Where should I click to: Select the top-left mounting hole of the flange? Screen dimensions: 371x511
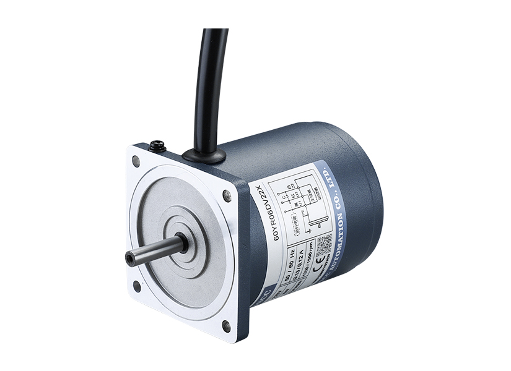136,161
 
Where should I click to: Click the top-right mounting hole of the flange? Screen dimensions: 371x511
227,197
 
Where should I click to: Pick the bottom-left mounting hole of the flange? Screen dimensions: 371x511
136,286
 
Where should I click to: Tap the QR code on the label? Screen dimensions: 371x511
324,246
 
